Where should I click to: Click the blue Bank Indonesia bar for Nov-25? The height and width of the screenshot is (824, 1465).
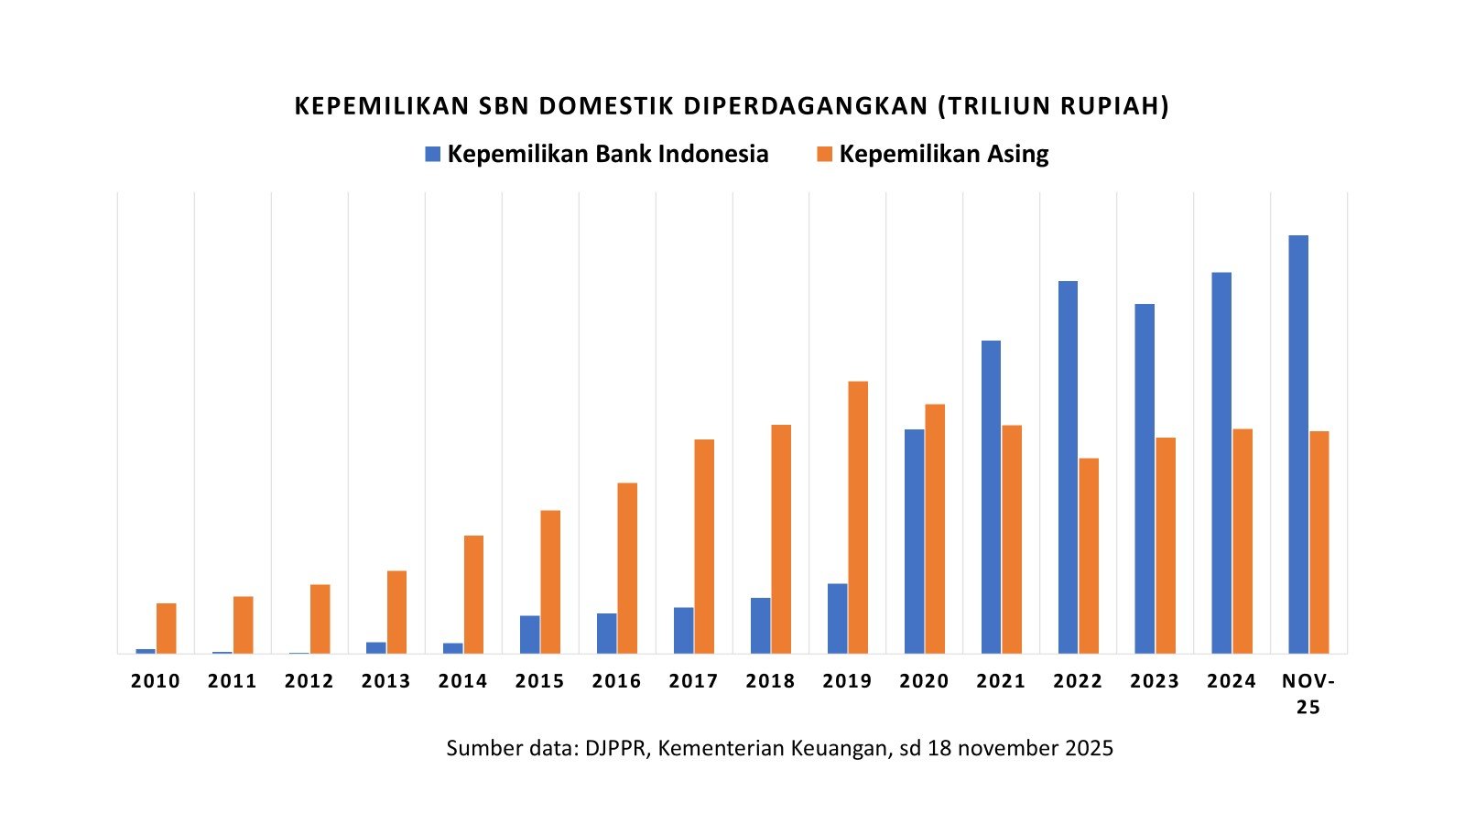tap(1298, 444)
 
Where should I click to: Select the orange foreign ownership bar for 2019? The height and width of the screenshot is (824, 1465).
tap(858, 517)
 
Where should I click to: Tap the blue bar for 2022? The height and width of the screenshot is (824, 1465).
tap(1068, 467)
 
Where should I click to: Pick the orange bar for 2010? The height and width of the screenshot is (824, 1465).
tap(166, 628)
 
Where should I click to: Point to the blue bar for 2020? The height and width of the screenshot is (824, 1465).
tap(914, 541)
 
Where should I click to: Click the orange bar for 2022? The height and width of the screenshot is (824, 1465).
tap(1089, 556)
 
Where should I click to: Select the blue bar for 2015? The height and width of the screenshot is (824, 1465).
tap(529, 634)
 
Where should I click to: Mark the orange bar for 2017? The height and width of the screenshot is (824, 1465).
tap(704, 547)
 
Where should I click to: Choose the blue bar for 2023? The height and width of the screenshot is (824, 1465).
tap(1145, 479)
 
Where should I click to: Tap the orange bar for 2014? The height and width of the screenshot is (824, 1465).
tap(473, 594)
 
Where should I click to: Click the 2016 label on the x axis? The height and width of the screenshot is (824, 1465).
tap(616, 681)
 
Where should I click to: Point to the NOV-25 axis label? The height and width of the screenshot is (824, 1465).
tap(1308, 693)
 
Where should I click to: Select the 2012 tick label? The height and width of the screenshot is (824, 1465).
tap(309, 681)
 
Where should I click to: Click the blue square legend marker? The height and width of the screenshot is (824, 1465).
tap(433, 154)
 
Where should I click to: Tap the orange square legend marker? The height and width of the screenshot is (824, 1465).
tap(824, 154)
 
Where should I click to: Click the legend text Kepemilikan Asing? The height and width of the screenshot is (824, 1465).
tap(943, 154)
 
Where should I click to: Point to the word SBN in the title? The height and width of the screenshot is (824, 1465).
tap(504, 106)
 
